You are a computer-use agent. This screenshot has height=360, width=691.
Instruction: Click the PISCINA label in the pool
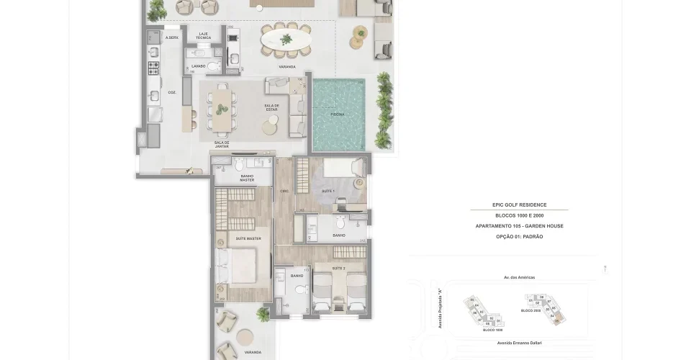(337, 114)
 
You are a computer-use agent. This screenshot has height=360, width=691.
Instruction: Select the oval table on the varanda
(286, 40)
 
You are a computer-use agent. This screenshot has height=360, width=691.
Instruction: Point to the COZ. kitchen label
(172, 92)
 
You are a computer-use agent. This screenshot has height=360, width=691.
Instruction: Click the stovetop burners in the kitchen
(153, 68)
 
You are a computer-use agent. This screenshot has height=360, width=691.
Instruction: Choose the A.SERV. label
(172, 37)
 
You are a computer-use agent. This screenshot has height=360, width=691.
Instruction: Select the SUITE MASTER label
(248, 238)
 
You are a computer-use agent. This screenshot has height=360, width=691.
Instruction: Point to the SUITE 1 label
(328, 190)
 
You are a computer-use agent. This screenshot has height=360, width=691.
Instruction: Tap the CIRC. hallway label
(284, 190)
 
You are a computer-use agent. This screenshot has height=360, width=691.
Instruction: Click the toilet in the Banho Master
(240, 163)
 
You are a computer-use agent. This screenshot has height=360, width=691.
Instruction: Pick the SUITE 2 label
(338, 267)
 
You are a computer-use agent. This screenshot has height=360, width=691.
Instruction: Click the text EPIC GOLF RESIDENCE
(519, 205)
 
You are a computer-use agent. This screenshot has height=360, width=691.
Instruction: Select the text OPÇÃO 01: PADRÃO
(519, 236)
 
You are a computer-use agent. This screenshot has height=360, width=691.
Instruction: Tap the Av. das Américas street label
(519, 277)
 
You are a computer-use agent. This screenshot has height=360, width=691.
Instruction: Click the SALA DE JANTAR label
(222, 144)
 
